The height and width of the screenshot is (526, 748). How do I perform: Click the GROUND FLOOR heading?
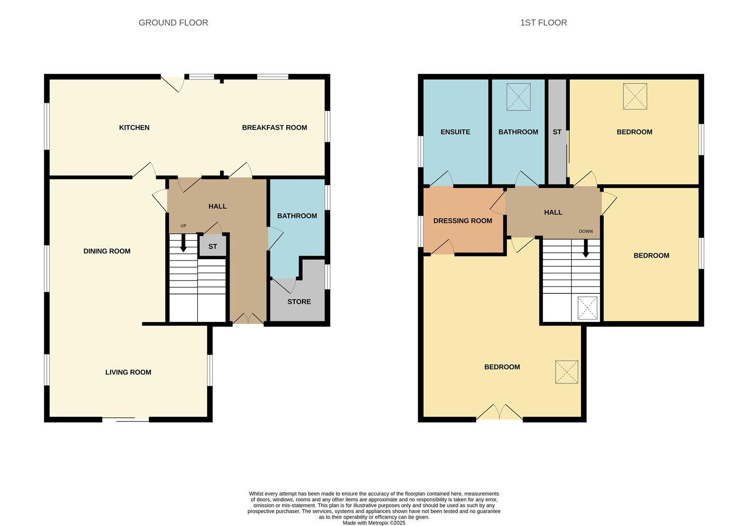(x=173, y=22)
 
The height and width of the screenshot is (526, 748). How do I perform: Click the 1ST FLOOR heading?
(x=543, y=22)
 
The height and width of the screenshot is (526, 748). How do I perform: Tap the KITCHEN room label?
(x=134, y=128)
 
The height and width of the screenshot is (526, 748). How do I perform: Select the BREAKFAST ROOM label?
(x=274, y=128)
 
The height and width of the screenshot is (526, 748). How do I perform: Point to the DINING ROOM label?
(x=107, y=251)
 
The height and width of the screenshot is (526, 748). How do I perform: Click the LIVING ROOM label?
(x=128, y=372)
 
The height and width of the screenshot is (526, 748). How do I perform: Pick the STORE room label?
(x=299, y=301)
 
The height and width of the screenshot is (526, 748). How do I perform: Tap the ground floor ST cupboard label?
(x=213, y=246)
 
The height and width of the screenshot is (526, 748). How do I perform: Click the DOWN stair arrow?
(x=586, y=248)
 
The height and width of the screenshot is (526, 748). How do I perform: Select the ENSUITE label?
(x=455, y=132)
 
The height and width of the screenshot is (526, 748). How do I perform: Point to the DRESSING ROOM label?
(x=463, y=221)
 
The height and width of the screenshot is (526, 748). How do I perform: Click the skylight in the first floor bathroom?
(x=518, y=97)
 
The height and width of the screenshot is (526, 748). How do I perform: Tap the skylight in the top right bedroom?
(x=635, y=96)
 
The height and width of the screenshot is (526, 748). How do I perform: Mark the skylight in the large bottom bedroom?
(x=566, y=372)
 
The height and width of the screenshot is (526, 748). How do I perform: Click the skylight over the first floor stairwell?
(x=587, y=308)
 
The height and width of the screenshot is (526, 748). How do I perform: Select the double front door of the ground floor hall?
(x=248, y=319)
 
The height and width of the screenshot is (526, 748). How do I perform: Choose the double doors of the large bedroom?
(x=499, y=413)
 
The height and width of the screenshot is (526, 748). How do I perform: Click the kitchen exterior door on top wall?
(x=172, y=82)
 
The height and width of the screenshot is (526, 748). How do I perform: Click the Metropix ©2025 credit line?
(x=374, y=523)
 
